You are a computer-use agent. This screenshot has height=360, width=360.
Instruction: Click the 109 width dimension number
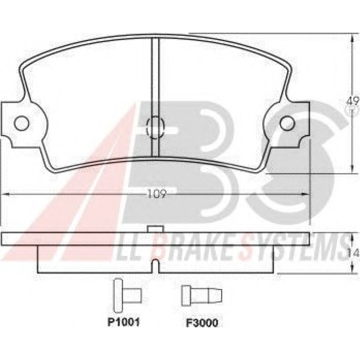coord(156,194)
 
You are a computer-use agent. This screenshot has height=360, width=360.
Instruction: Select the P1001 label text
coord(123,323)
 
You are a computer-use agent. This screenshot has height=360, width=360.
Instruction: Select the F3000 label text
coord(202,323)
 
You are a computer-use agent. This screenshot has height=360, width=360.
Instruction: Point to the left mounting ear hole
coord(21,123)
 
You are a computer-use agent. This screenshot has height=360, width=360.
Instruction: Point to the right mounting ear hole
coord(287,123)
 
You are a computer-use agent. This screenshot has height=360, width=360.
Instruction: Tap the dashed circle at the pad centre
coord(156,128)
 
